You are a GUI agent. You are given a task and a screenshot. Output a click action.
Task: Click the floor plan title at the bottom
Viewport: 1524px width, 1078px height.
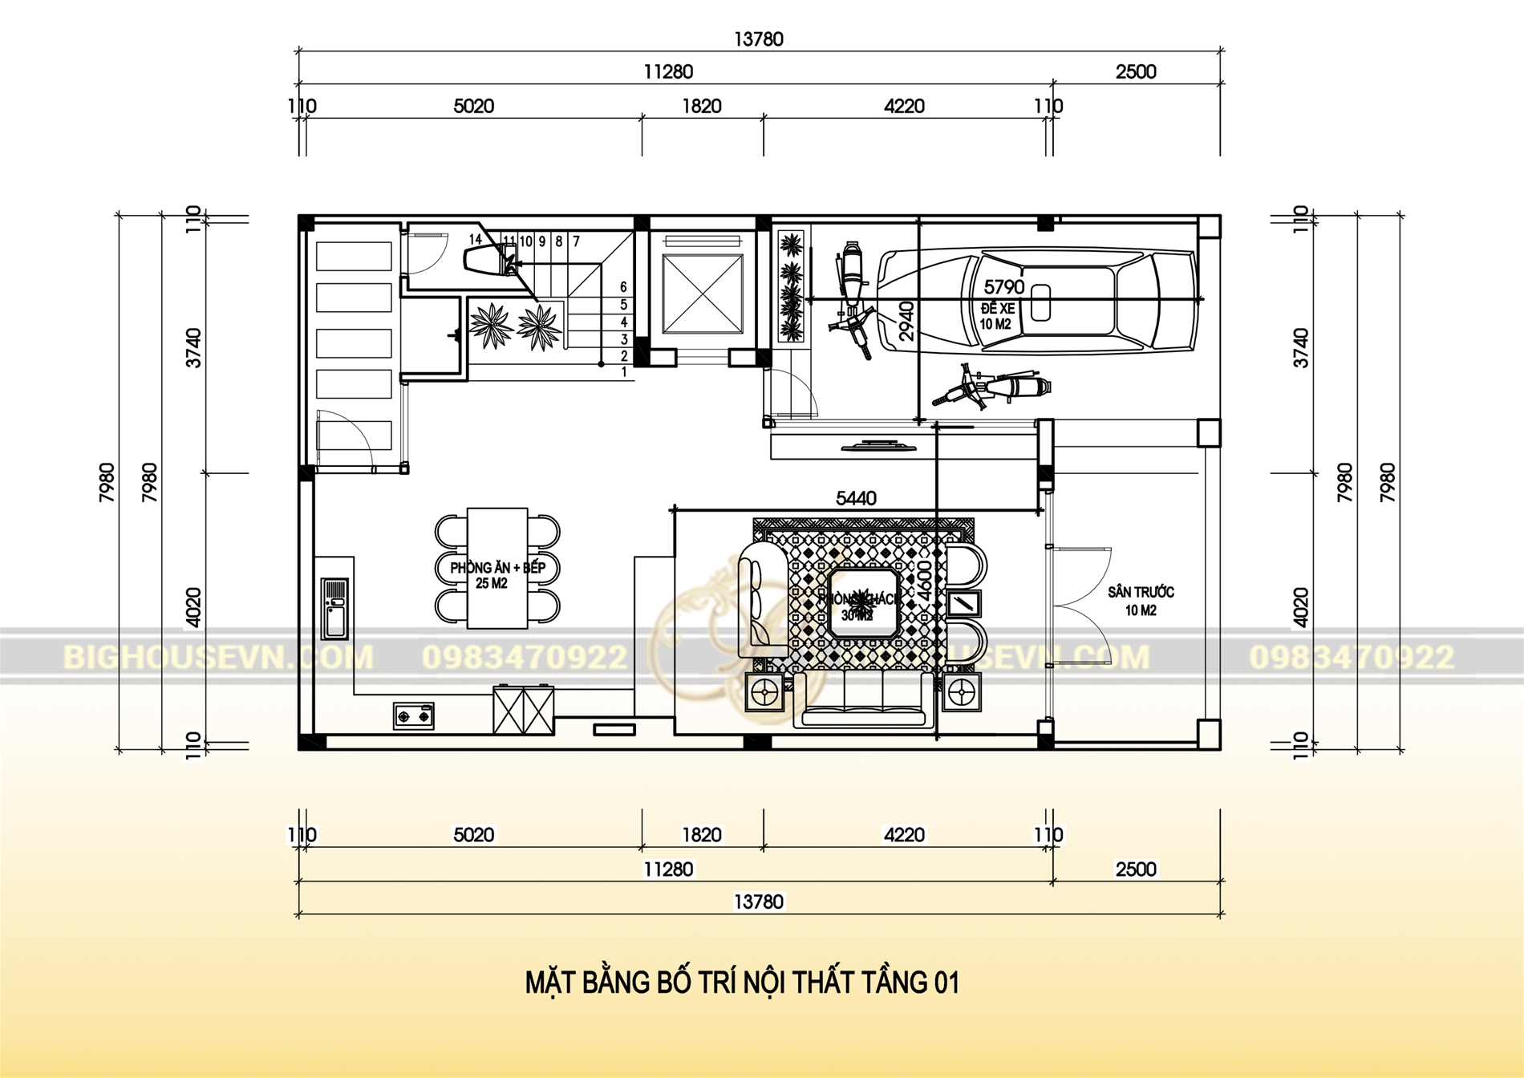pyautogui.click(x=742, y=983)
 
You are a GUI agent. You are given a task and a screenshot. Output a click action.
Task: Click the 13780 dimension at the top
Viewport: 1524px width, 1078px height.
pyautogui.click(x=758, y=39)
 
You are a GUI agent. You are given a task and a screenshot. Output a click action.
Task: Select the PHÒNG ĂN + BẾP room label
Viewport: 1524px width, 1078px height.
pyautogui.click(x=497, y=568)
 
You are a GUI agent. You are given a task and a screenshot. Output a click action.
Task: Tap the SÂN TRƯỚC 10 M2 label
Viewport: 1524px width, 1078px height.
pyautogui.click(x=1141, y=601)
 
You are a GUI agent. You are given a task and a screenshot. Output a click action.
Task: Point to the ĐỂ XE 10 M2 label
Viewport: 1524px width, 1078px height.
pyautogui.click(x=997, y=316)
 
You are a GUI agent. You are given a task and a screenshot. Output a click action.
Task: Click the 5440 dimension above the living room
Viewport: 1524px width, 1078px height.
pyautogui.click(x=856, y=498)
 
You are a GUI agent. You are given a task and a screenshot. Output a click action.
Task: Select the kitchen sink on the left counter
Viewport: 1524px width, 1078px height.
pyautogui.click(x=335, y=608)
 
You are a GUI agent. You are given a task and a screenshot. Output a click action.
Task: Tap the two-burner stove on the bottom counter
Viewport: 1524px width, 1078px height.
pyautogui.click(x=413, y=715)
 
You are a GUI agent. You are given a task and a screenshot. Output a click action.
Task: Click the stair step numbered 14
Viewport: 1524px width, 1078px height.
pyautogui.click(x=475, y=240)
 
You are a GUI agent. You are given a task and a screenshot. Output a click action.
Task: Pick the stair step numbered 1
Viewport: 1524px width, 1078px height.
pyautogui.click(x=624, y=372)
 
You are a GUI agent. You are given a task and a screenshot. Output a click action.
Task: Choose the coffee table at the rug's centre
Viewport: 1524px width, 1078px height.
pyautogui.click(x=861, y=602)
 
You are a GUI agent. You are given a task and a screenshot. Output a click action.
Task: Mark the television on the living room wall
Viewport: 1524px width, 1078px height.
pyautogui.click(x=879, y=445)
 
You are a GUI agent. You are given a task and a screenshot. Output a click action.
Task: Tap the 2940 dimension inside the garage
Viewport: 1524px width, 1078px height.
pyautogui.click(x=906, y=321)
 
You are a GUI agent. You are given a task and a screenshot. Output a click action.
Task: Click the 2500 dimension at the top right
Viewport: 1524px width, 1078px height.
pyautogui.click(x=1136, y=72)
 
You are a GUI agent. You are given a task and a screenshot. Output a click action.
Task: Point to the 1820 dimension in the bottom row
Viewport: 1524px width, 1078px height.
pyautogui.click(x=702, y=835)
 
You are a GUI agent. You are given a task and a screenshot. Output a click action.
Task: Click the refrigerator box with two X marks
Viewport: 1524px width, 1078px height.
pyautogui.click(x=523, y=710)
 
